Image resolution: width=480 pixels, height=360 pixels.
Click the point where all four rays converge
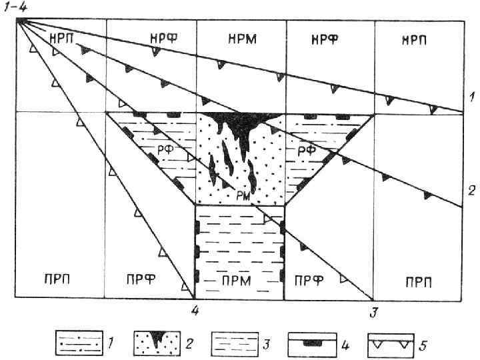coord(21,21)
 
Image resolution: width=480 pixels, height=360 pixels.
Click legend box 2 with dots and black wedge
coord(155,345)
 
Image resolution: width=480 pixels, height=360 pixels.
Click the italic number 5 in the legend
coord(423,345)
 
